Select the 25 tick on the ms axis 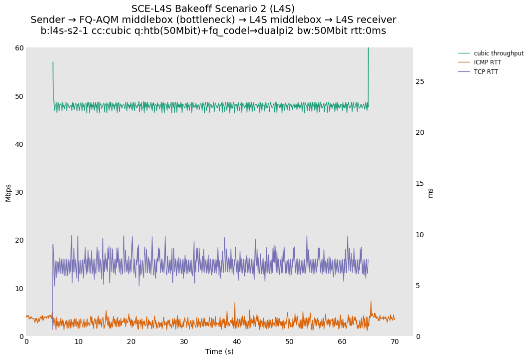tap(420, 81)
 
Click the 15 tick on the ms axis tap(420, 183)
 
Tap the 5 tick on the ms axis tap(419, 286)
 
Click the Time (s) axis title tap(219, 352)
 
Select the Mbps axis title tap(8, 192)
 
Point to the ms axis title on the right tap(431, 192)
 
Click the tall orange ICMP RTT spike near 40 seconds tap(235, 303)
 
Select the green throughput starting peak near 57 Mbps tap(53, 63)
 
